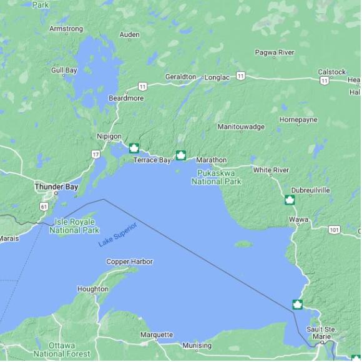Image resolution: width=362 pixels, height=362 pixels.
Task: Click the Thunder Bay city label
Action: pos(56,187)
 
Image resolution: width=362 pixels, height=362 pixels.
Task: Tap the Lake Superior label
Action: pos(117,234)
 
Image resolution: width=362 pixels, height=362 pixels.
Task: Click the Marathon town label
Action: pos(211,160)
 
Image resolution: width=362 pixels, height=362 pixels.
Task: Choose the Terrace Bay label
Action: pos(152,160)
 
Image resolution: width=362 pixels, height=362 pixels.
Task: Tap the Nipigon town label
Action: pos(109,137)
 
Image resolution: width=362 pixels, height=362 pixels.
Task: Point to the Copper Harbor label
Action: pos(129,262)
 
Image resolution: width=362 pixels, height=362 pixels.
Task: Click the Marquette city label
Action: pos(156,335)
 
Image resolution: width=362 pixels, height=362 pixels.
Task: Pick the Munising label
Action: pos(197,345)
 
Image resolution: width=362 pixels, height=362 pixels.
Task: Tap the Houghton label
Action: pos(92,289)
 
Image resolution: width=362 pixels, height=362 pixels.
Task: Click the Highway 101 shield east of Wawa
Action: pos(335,230)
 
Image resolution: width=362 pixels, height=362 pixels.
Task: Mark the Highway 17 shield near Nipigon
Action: pos(95,154)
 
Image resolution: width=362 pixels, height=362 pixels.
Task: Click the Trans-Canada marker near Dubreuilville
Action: pos(290,200)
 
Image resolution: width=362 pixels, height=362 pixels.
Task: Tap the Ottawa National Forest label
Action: pos(54,350)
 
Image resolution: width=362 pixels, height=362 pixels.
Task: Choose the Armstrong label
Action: pos(66,29)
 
